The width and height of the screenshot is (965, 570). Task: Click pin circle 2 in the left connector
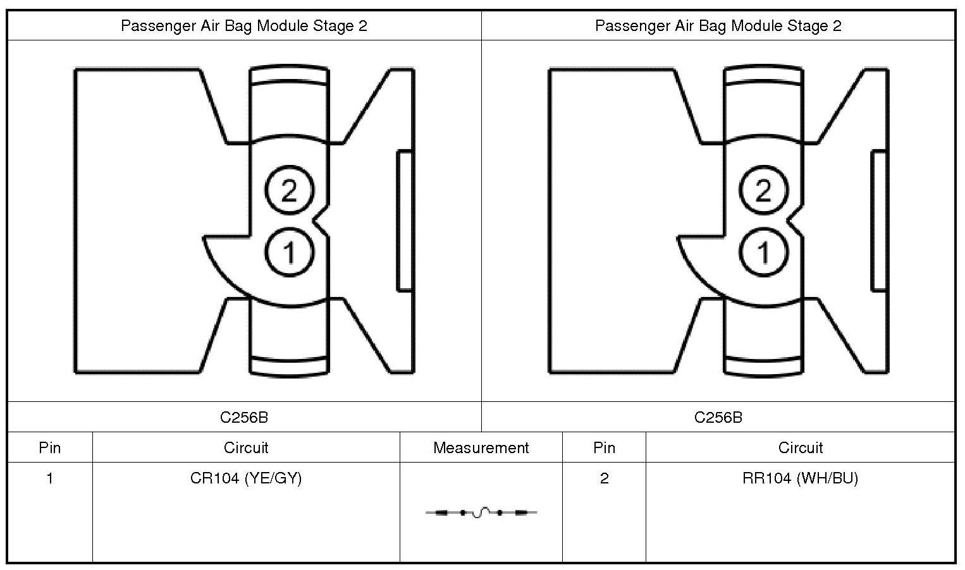289,190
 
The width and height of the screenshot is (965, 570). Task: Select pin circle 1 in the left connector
289,252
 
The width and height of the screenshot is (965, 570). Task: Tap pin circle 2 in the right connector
763,190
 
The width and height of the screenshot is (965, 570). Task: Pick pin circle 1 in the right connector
763,252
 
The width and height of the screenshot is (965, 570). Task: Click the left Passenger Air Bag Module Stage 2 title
244,26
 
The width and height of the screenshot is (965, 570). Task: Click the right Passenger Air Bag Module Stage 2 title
718,26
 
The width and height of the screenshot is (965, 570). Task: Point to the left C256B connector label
244,417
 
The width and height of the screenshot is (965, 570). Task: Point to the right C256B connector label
718,417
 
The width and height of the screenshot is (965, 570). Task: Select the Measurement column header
481,448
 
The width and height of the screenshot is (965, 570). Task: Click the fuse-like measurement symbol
481,512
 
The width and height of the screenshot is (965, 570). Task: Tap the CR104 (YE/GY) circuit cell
246,478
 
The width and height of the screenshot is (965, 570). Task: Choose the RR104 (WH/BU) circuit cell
800,478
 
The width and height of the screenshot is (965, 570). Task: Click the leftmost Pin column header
50,448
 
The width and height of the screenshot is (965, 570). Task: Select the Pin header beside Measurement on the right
604,448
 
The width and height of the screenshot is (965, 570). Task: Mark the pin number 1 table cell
50,478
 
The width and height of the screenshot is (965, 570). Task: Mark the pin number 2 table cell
604,478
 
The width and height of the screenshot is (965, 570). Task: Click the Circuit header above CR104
246,448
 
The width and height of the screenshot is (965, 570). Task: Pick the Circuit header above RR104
800,448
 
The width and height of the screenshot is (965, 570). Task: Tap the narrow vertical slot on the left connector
405,221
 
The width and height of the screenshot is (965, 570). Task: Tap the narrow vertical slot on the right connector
879,221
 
